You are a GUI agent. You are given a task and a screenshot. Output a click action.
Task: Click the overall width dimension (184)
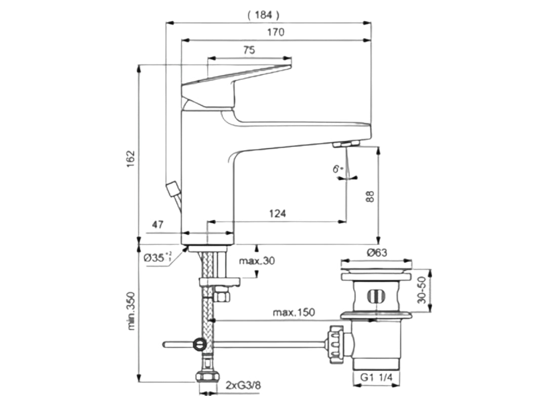click(x=263, y=15)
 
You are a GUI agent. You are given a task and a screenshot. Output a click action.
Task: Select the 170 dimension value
click(x=276, y=32)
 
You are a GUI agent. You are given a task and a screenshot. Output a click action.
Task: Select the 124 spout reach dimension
click(x=277, y=214)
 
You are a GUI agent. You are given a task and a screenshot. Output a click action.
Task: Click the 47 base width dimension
click(x=157, y=225)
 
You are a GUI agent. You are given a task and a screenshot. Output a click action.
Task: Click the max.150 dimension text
click(x=294, y=312)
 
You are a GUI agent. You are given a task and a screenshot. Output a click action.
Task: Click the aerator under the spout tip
click(x=346, y=145)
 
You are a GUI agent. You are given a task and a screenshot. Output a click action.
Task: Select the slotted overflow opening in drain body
click(x=375, y=296)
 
